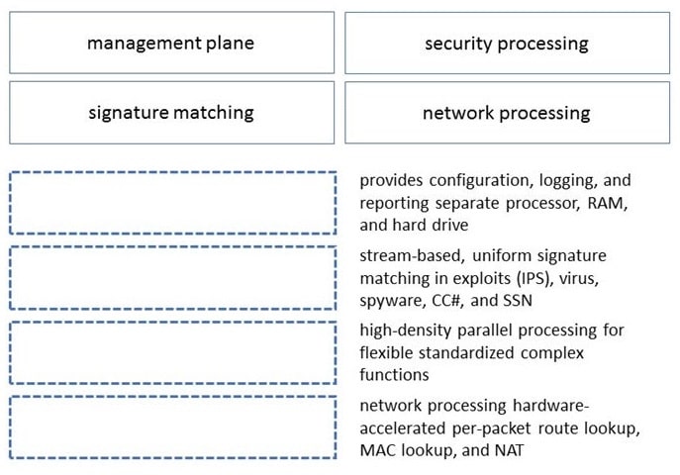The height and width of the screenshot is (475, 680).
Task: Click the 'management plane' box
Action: pos(172,43)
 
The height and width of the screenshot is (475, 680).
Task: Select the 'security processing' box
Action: pos(507,43)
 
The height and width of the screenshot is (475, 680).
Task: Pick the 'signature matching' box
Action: pos(172,112)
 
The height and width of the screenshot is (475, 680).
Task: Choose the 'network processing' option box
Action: pos(507,112)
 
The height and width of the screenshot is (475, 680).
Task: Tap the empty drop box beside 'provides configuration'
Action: pos(172,203)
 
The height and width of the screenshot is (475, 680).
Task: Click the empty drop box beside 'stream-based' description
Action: pos(172,278)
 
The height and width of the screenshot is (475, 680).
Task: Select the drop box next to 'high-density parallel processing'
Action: pos(172,352)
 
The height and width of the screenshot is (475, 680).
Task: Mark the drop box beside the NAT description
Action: pos(172,427)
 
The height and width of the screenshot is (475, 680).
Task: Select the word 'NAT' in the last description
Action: pos(509,450)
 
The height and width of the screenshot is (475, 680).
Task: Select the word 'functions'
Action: pos(394,374)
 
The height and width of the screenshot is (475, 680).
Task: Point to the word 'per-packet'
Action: pos(491,428)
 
